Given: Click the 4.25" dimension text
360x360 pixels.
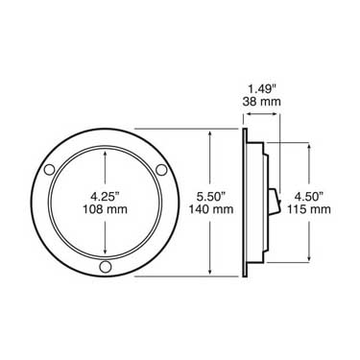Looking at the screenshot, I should (104, 192).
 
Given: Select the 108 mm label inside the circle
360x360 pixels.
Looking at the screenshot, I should (104, 208).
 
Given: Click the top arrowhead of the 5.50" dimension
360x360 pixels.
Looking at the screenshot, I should (207, 134).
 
